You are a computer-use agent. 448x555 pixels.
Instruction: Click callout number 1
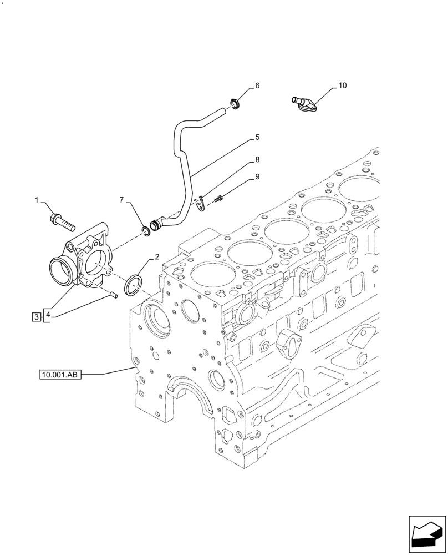38,200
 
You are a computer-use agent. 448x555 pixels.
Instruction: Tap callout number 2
157,257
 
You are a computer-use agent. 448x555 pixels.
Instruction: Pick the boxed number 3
36,317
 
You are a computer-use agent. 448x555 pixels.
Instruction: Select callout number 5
257,136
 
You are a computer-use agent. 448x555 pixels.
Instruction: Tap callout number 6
257,85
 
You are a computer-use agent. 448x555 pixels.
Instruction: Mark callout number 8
257,159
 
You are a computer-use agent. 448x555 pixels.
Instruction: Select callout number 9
257,177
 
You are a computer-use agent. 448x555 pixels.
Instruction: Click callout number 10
342,85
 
